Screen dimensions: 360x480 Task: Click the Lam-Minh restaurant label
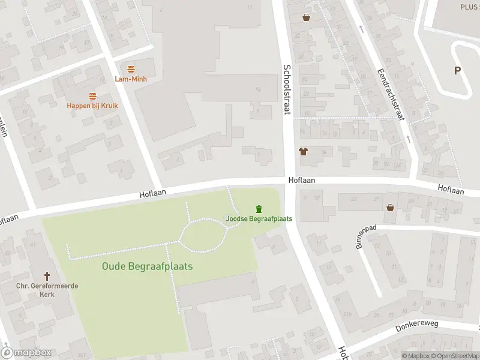point(131,79)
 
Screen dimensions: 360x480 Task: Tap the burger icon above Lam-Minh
point(131,68)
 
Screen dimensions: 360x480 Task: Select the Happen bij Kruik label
point(92,106)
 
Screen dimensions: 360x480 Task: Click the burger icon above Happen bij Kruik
point(92,96)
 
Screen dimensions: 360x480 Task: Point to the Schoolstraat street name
point(287,89)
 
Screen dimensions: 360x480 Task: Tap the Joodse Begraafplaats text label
point(259,218)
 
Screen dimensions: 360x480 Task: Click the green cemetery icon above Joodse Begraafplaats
point(259,209)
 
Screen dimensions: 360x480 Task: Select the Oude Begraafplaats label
point(147,266)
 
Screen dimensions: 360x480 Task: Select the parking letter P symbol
point(457,71)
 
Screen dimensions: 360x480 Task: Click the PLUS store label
point(469,6)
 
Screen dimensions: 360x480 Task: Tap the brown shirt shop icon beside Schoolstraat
point(304,151)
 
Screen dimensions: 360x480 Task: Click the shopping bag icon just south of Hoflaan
point(391,208)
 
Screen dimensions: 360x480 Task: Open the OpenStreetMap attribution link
point(457,356)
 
